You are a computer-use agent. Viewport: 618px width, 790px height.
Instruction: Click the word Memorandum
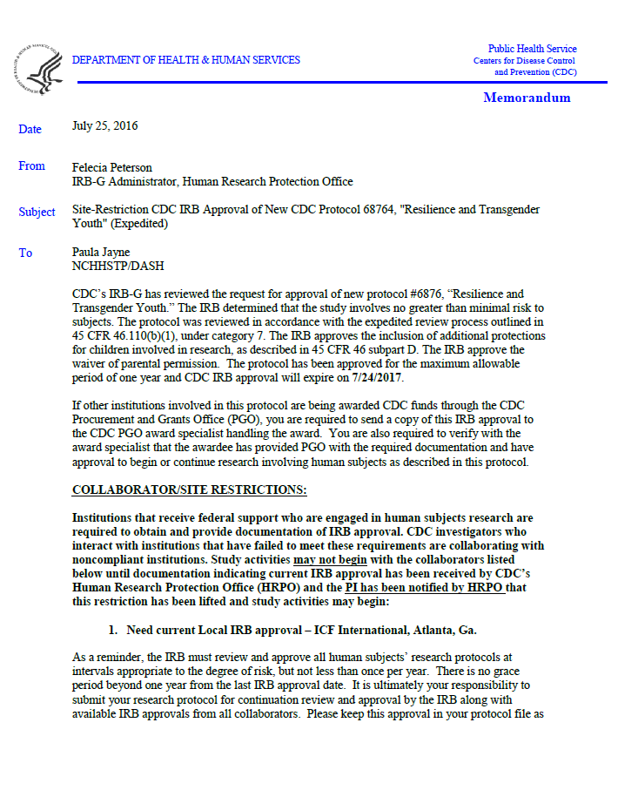tap(527, 98)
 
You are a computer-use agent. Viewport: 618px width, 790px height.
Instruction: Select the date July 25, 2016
tap(104, 126)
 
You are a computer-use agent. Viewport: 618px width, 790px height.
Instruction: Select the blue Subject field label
tap(37, 212)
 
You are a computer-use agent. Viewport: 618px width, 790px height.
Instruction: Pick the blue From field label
tap(31, 165)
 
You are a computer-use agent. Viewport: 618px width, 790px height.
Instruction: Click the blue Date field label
tap(30, 129)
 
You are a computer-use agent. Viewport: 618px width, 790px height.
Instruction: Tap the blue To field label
tap(25, 253)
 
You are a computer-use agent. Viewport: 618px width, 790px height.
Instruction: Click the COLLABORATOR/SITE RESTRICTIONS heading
tap(189, 490)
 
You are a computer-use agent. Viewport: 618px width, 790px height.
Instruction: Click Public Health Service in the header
tap(532, 49)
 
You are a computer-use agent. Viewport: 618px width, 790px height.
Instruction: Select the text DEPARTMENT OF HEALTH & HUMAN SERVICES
tap(186, 60)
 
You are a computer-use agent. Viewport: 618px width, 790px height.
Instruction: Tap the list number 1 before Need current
tap(112, 630)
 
